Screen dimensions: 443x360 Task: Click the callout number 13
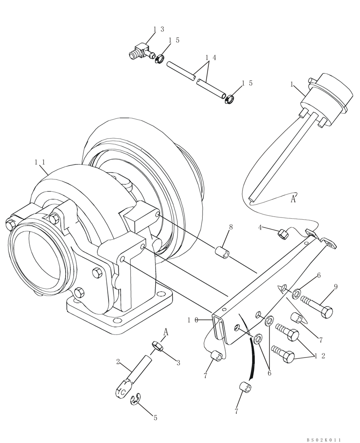(x=158, y=29)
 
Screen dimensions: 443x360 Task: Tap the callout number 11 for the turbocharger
(x=40, y=162)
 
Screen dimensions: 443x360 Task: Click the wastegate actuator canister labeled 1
(x=328, y=91)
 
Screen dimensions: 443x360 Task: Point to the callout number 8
(x=231, y=227)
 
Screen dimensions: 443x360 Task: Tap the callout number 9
(x=335, y=287)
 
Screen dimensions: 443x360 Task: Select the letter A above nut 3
(x=165, y=331)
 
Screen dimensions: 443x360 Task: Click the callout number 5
(x=155, y=417)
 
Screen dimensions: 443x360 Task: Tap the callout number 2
(x=117, y=362)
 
